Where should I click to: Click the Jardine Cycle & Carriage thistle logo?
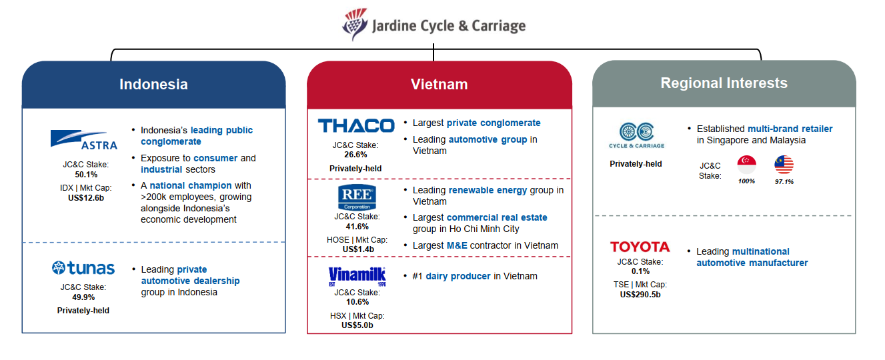(x=355, y=25)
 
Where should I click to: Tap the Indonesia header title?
(x=153, y=85)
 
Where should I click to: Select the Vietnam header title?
(x=439, y=85)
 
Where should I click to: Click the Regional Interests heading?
(x=724, y=83)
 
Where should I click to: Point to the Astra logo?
(x=84, y=140)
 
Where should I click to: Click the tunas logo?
(x=83, y=268)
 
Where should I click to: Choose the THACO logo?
(x=356, y=125)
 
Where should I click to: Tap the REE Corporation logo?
(x=357, y=197)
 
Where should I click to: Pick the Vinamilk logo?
(x=357, y=276)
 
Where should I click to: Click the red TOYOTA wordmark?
(x=640, y=247)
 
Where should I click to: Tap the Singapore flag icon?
(x=747, y=165)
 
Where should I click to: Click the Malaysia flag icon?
(x=784, y=165)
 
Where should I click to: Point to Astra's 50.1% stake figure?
(x=86, y=175)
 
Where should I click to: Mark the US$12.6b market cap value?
(x=86, y=198)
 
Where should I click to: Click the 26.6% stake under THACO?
(x=355, y=155)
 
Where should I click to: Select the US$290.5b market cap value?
(x=640, y=295)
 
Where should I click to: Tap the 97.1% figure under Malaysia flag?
(x=784, y=181)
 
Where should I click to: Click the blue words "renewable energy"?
(x=488, y=190)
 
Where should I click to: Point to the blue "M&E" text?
(x=457, y=245)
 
